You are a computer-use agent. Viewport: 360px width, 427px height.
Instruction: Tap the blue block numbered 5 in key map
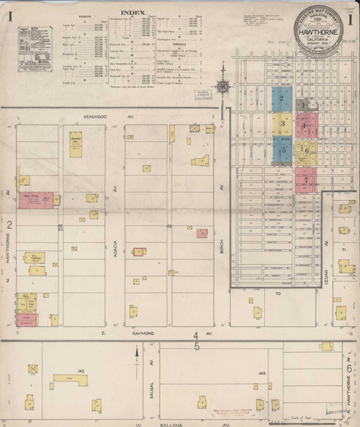pos(283,150)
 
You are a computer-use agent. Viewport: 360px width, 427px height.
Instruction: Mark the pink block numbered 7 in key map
pos(306,178)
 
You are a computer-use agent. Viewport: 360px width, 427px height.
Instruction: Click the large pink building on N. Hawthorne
pos(34,199)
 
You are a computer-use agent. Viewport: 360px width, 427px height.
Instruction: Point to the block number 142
pos(81,371)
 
